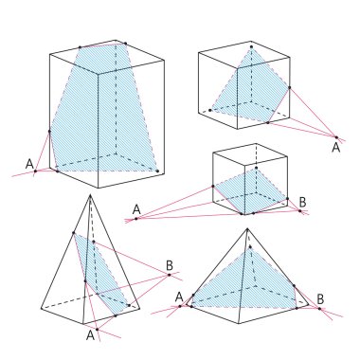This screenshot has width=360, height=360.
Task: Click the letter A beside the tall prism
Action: click(x=29, y=161)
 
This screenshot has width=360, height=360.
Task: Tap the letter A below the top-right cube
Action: click(x=335, y=147)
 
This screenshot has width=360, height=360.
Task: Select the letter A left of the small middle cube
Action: click(x=136, y=208)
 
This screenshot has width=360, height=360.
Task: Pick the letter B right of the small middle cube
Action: click(x=302, y=201)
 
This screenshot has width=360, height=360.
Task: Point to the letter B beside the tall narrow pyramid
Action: click(x=169, y=264)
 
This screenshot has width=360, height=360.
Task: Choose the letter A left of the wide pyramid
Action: click(x=179, y=297)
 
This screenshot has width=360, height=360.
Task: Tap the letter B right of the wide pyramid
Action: click(x=320, y=299)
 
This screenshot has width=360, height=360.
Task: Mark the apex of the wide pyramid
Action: click(x=247, y=229)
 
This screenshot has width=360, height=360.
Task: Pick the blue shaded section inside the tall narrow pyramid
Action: click(x=102, y=275)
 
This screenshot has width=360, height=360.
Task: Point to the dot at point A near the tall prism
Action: click(x=35, y=171)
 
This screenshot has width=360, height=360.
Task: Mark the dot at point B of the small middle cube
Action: click(x=300, y=211)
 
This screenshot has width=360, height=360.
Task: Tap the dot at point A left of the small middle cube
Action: click(x=136, y=219)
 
